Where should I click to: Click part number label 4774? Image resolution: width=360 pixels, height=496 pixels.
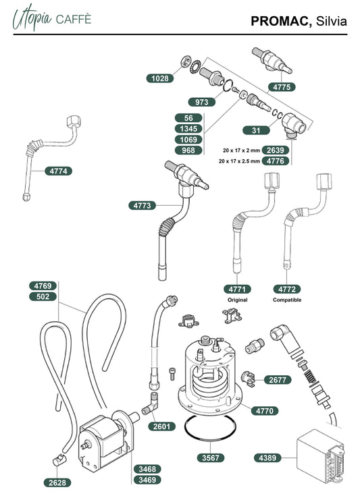(59, 171)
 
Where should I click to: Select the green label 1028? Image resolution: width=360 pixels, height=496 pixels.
(160, 78)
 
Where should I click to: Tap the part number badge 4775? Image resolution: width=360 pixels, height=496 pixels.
(282, 87)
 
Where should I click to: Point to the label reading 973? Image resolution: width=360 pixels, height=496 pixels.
(202, 102)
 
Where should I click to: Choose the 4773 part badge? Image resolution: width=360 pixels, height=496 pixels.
(142, 206)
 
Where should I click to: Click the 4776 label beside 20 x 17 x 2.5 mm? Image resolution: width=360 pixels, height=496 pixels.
(275, 161)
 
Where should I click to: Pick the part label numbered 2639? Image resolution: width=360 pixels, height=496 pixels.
(275, 150)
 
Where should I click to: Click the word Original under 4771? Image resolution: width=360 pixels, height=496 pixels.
(238, 300)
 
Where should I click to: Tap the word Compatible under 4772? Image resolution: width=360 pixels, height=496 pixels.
(287, 300)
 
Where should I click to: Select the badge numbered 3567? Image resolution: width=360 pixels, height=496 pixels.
(211, 458)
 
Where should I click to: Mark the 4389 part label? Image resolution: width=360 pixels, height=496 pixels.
(267, 458)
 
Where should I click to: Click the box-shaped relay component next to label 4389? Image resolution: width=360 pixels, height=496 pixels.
(319, 456)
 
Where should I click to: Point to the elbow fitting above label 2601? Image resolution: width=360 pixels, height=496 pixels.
(151, 404)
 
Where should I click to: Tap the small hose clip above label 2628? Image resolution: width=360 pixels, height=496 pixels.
(59, 460)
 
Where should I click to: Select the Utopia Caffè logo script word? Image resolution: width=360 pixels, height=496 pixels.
(32, 18)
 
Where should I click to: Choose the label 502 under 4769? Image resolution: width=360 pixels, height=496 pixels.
(43, 297)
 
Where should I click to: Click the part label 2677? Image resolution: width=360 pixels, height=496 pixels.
(278, 379)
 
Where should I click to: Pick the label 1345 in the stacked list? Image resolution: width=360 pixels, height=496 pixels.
(188, 129)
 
